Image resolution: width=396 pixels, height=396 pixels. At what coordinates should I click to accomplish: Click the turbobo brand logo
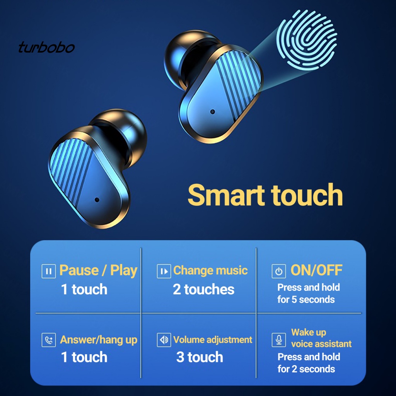46,48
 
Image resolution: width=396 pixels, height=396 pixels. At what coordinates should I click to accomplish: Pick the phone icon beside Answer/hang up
48,340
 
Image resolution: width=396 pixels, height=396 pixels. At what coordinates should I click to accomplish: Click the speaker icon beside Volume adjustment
164,340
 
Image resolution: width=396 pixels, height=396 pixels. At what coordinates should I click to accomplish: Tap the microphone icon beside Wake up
278,340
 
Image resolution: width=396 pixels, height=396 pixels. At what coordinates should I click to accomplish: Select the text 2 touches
203,289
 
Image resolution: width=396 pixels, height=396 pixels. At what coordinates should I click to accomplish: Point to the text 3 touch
200,357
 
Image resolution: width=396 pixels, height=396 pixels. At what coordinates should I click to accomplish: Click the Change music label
210,270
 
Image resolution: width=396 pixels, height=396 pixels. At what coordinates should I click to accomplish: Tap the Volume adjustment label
213,340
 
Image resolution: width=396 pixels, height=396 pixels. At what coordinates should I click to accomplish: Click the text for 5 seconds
306,299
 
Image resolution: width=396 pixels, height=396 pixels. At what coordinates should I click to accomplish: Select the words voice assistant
321,344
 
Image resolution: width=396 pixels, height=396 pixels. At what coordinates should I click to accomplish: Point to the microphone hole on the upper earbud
212,112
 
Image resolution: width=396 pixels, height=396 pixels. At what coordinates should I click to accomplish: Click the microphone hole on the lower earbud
97,200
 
